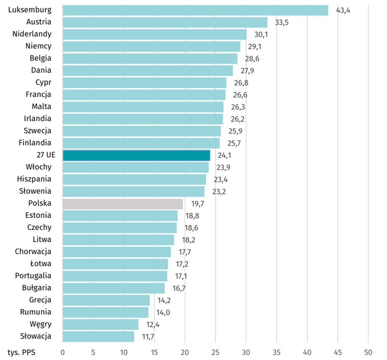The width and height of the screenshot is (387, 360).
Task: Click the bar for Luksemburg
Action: tap(195, 10)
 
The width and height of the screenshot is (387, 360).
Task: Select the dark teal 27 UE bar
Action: tap(136, 155)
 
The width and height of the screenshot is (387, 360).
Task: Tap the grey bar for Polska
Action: tap(123, 204)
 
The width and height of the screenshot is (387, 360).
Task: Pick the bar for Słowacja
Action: tap(98, 336)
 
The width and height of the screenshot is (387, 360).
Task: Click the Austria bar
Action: tap(165, 22)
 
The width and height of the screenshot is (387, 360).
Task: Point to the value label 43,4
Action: tap(343, 10)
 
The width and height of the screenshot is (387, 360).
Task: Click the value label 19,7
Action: tap(198, 204)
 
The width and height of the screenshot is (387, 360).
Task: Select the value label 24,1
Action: tap(225, 156)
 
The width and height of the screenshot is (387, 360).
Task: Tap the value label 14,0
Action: tap(163, 313)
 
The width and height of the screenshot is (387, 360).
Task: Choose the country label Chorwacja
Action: tap(33, 252)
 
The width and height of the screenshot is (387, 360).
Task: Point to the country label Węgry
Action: tap(41, 324)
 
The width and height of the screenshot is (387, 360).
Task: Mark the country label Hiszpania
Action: tap(34, 179)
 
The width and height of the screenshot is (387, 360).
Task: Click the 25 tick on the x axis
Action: tap(215, 352)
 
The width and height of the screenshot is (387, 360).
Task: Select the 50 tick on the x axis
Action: tap(368, 352)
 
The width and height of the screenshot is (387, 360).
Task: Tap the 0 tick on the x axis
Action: tap(63, 352)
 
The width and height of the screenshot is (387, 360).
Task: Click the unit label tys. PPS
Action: tap(21, 352)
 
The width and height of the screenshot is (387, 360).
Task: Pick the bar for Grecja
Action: tap(106, 300)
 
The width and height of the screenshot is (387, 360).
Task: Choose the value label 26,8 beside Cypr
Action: tap(241, 83)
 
